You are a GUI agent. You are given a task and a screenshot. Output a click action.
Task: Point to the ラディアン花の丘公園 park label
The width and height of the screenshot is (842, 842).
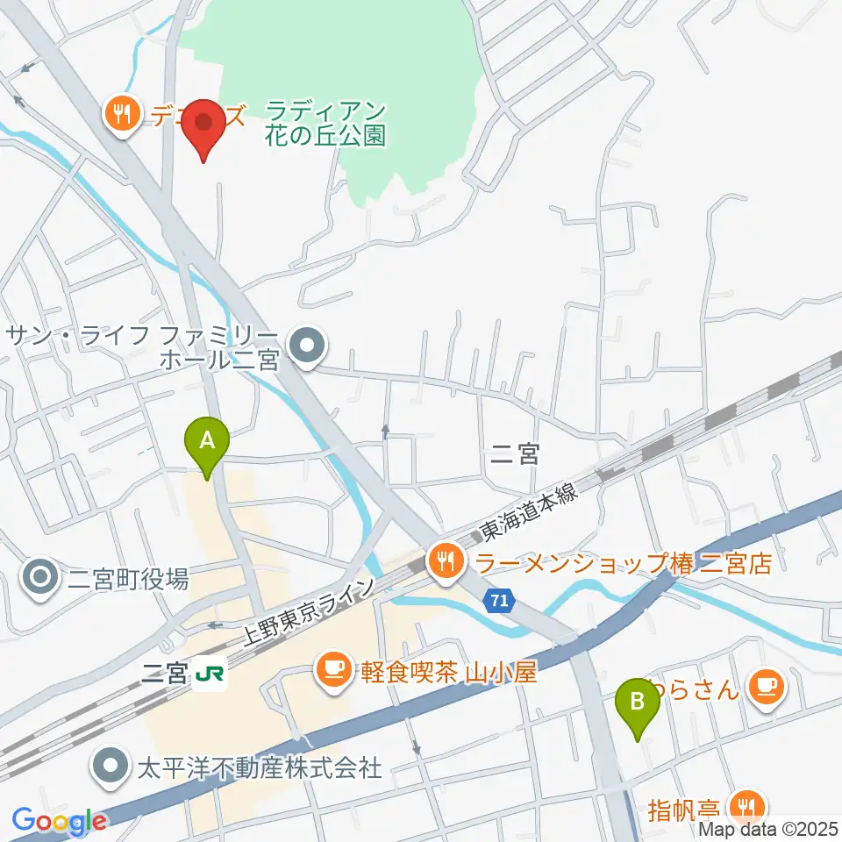325,123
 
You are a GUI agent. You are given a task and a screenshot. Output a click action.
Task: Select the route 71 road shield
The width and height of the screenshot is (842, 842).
499,602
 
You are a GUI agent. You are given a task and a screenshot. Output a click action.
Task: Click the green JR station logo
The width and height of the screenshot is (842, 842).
210,674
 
